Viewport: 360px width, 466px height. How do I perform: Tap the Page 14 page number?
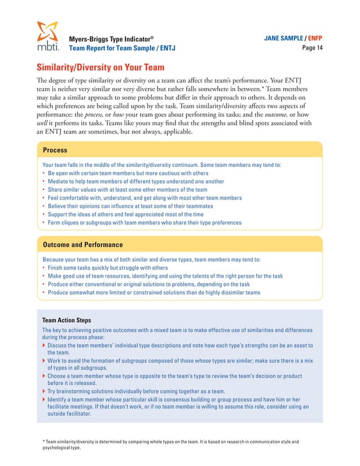[313, 49]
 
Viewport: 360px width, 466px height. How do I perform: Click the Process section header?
[55, 150]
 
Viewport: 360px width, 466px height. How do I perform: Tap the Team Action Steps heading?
[67, 319]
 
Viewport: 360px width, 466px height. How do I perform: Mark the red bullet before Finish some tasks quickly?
[44, 268]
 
